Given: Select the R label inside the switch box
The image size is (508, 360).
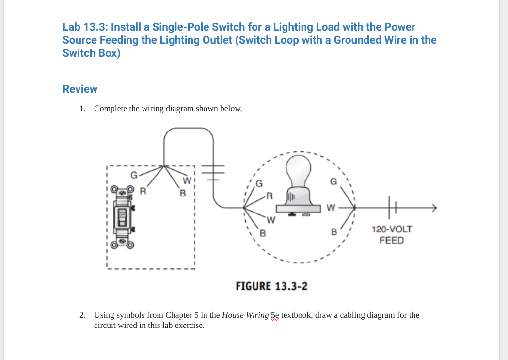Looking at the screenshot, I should pyautogui.click(x=143, y=191).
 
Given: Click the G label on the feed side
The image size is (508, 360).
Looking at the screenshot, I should pyautogui.click(x=333, y=181).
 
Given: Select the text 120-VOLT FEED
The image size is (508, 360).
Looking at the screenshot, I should pyautogui.click(x=392, y=235).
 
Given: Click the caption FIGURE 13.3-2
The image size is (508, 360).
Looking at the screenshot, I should pyautogui.click(x=271, y=286).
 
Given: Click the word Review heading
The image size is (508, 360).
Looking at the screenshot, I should pyautogui.click(x=80, y=89).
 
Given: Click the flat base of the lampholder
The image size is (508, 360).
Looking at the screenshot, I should pyautogui.click(x=299, y=208).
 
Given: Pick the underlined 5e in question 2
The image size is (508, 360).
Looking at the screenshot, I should pyautogui.click(x=275, y=315).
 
